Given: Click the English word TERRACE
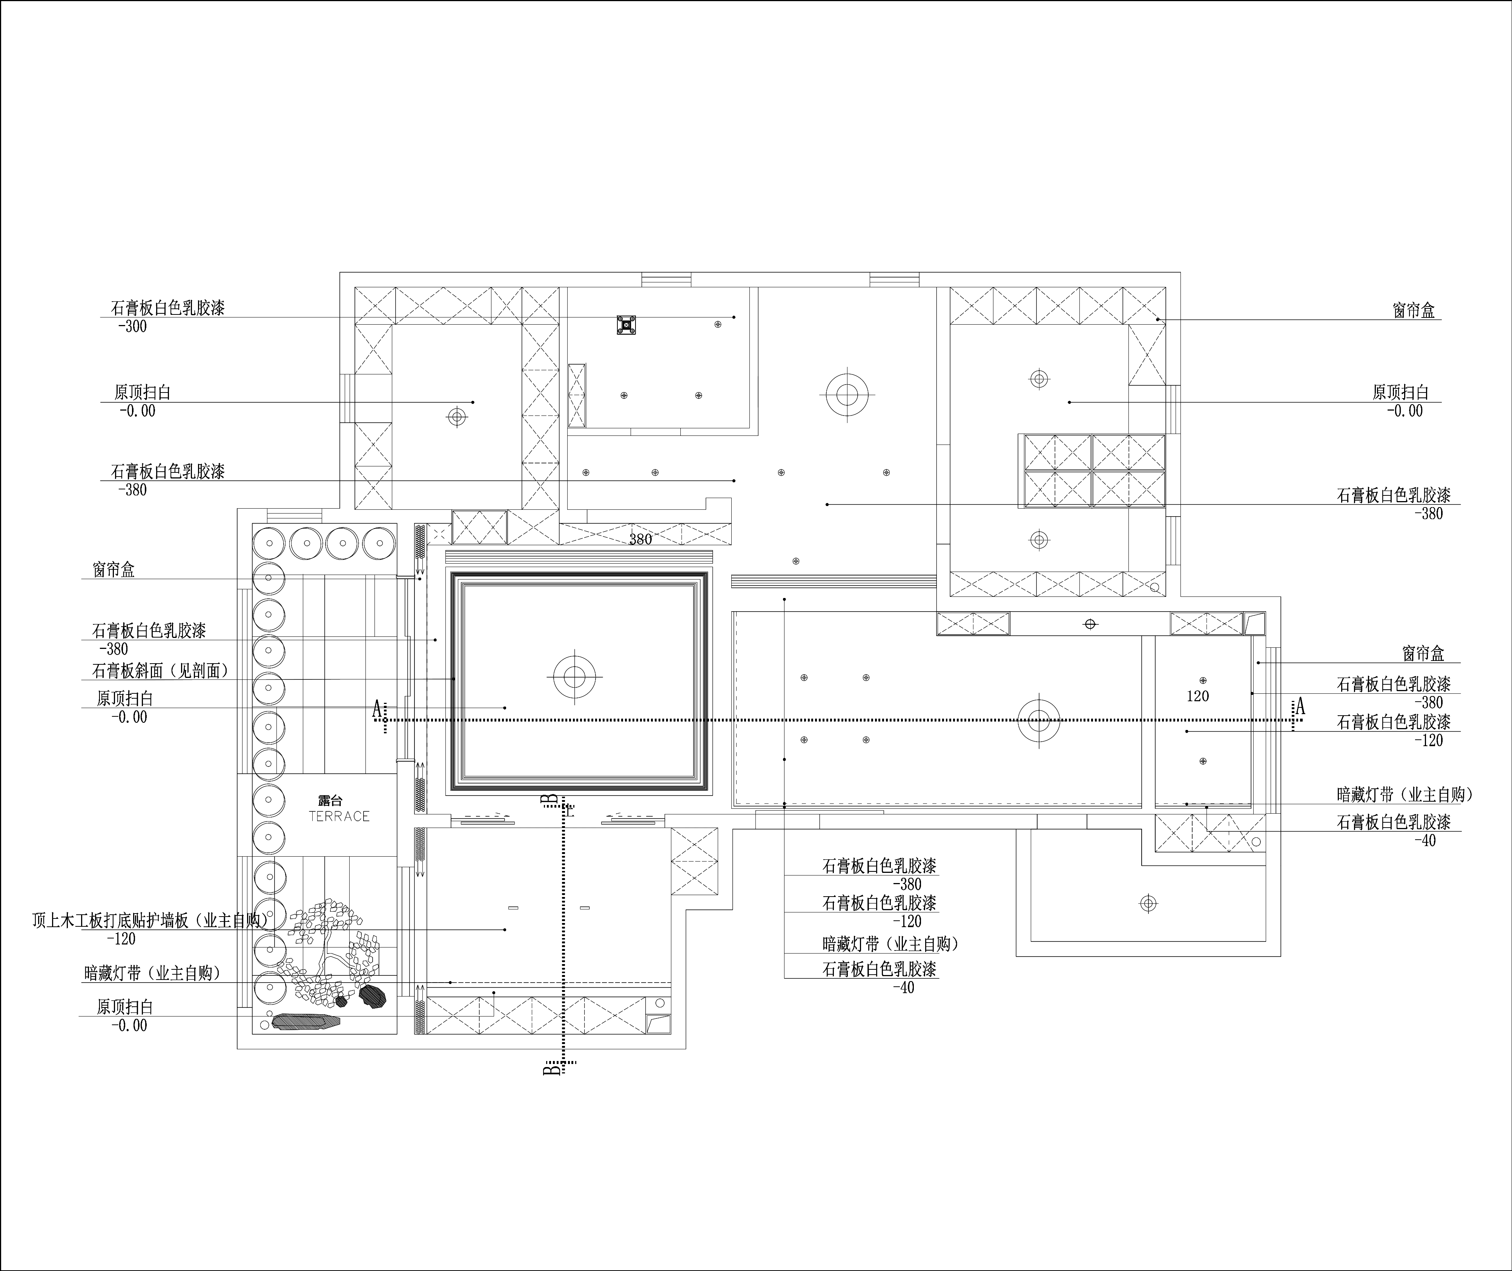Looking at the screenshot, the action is pyautogui.click(x=339, y=816).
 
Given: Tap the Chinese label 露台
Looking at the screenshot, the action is pyautogui.click(x=331, y=800).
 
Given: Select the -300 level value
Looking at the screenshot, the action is pyautogui.click(x=132, y=327).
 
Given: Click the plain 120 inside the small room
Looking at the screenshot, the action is pyautogui.click(x=1198, y=696).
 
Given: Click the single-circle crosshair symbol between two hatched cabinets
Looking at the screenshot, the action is pyautogui.click(x=1090, y=624).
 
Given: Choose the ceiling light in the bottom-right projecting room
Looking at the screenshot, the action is pyautogui.click(x=1149, y=903).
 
